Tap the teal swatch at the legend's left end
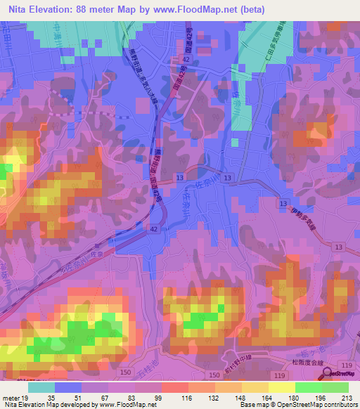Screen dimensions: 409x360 click(41, 387)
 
